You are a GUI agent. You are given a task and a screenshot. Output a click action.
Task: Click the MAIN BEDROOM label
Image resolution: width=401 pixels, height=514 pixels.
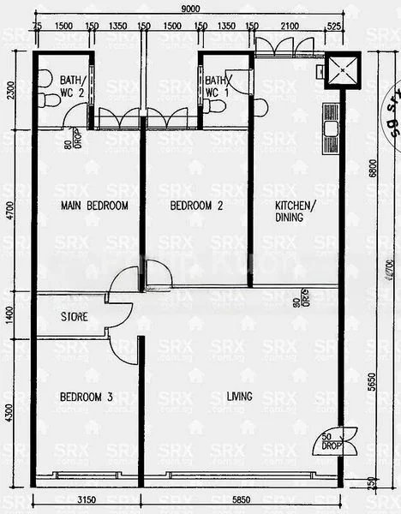tap(95, 206)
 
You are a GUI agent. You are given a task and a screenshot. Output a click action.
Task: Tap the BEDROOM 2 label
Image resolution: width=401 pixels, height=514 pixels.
tap(196, 206)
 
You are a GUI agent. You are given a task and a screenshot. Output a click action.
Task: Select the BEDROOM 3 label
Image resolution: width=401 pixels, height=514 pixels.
tap(87, 397)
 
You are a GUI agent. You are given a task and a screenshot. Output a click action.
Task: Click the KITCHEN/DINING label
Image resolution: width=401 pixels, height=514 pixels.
tap(295, 211)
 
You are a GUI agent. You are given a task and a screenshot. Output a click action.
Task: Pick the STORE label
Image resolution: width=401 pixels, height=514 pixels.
tap(75, 316)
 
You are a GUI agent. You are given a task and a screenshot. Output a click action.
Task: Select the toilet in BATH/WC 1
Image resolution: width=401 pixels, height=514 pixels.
tap(216, 106)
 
